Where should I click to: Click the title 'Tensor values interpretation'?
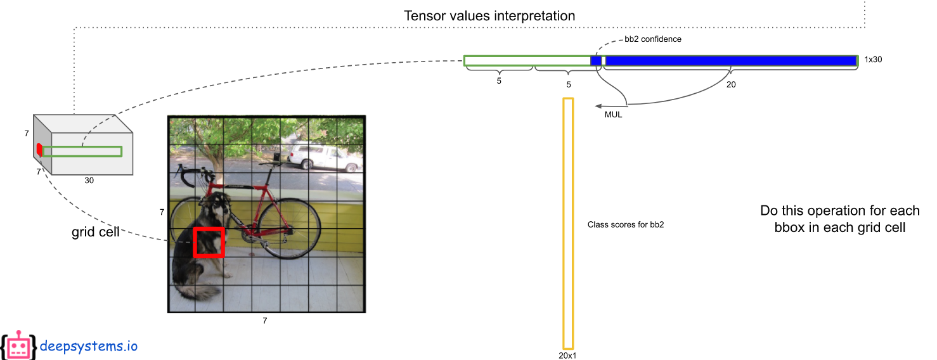pyautogui.click(x=489, y=16)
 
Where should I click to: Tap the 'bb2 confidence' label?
pyautogui.click(x=653, y=39)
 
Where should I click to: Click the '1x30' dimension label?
pyautogui.click(x=873, y=60)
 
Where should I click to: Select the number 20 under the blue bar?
pyautogui.click(x=731, y=84)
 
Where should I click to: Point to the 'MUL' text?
pyautogui.click(x=613, y=115)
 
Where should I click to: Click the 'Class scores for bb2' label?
pyautogui.click(x=625, y=225)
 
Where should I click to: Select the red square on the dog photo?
pyautogui.click(x=209, y=242)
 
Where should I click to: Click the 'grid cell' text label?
pyautogui.click(x=96, y=233)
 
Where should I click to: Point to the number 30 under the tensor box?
pyautogui.click(x=89, y=181)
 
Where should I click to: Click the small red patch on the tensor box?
pyautogui.click(x=39, y=150)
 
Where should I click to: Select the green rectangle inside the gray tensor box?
pyautogui.click(x=82, y=151)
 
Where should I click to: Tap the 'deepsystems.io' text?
pyautogui.click(x=88, y=346)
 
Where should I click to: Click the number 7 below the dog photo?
pyautogui.click(x=265, y=321)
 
